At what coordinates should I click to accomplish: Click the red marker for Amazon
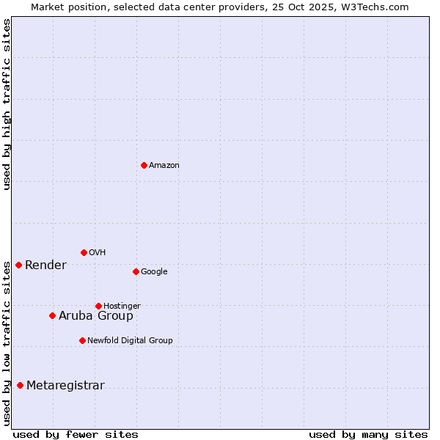[x=144, y=165]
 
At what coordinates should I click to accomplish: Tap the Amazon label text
[x=164, y=166]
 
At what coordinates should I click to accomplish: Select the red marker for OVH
[x=84, y=252]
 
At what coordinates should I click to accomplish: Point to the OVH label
[x=98, y=253]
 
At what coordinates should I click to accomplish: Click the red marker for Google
[x=136, y=271]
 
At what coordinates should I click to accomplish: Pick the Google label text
[x=154, y=272]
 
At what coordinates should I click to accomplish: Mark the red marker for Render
[x=18, y=265]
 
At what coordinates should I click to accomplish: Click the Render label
[x=45, y=265]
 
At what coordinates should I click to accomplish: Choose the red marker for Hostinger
[x=98, y=306]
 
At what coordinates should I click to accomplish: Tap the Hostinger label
[x=122, y=307]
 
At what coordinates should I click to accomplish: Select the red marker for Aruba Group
[x=52, y=315]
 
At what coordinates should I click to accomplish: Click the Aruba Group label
[x=96, y=316]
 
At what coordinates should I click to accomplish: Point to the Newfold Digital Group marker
[x=82, y=340]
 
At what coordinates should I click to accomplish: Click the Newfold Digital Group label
[x=130, y=341]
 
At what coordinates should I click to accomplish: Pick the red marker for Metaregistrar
[x=20, y=385]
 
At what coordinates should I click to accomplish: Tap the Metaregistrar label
[x=65, y=386]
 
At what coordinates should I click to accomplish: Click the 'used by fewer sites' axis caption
[x=76, y=434]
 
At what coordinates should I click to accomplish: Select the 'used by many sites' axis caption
[x=368, y=434]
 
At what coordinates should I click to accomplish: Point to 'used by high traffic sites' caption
[x=7, y=104]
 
